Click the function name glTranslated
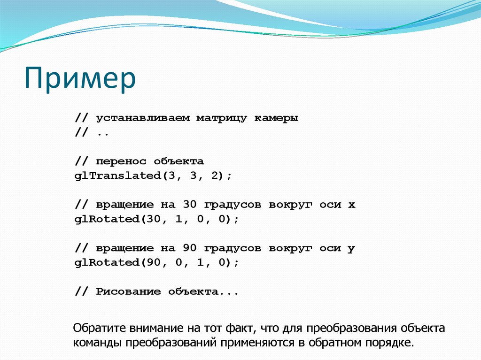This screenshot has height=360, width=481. pyautogui.click(x=114, y=176)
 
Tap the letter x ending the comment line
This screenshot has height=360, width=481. pyautogui.click(x=351, y=205)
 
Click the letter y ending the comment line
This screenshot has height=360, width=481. pyautogui.click(x=351, y=249)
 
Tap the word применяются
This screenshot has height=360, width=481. pyautogui.click(x=261, y=342)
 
